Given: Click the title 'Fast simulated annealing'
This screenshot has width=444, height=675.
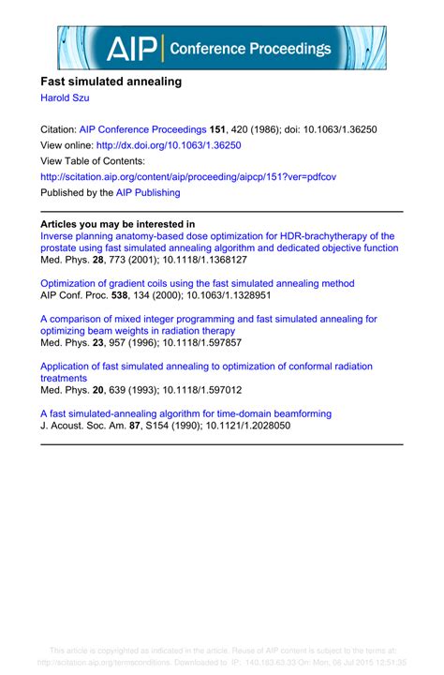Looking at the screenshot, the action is point(111,82).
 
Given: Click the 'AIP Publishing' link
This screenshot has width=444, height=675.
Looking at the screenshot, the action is point(148,192).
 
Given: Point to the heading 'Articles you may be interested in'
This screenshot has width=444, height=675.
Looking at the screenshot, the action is point(118,224).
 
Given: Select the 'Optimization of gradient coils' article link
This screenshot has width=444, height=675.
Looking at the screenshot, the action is point(198,283).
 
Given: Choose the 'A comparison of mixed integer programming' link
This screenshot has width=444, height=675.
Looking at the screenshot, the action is point(209,319).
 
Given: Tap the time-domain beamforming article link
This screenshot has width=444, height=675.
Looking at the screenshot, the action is point(185,412).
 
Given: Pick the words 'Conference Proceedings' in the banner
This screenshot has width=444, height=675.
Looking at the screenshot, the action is point(248,49).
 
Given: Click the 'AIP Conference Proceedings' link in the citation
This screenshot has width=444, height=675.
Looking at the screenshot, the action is point(142,129).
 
